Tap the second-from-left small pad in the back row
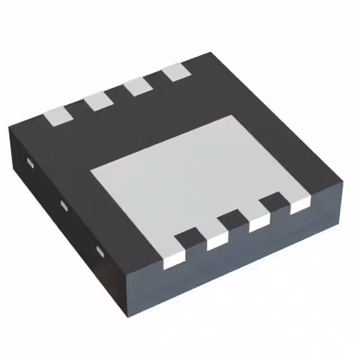98,101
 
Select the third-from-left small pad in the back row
137,87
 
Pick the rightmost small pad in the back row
175,72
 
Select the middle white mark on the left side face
64,205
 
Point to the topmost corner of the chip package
211,53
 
